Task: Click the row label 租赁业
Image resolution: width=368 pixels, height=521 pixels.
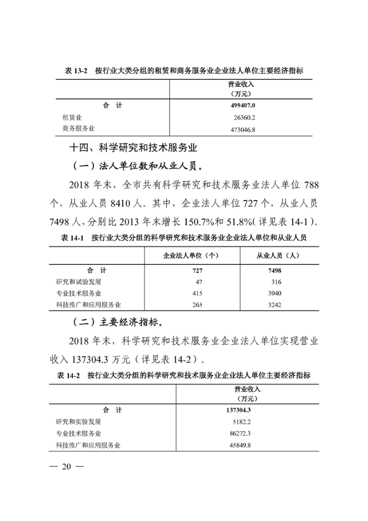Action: [x=73, y=117]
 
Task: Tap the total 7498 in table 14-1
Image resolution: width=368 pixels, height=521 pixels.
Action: [x=274, y=270]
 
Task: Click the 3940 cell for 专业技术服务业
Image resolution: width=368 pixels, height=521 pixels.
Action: [x=275, y=293]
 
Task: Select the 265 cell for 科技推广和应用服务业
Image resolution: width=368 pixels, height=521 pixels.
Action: [x=198, y=305]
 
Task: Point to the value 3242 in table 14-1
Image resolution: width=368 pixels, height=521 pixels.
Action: [x=275, y=305]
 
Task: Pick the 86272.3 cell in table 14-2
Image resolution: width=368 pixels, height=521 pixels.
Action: [x=240, y=434]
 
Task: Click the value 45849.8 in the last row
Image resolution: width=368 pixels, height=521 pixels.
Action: [x=240, y=445]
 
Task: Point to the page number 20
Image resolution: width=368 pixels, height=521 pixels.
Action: [x=66, y=466]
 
